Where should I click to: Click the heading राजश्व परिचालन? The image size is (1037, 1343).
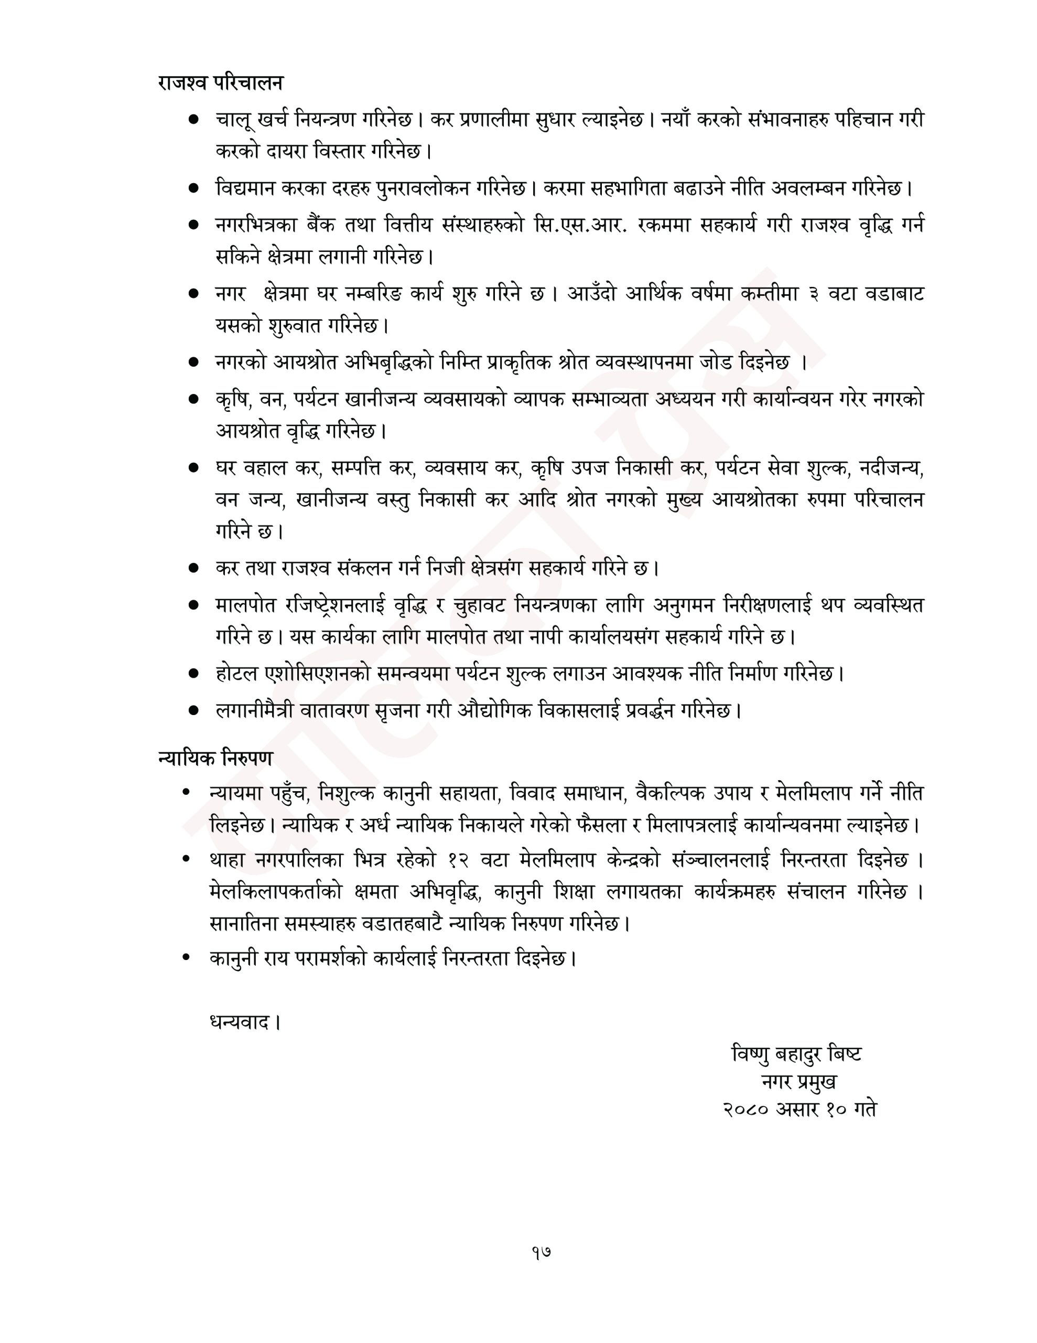[x=220, y=83]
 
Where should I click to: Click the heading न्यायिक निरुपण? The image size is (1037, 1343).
[x=214, y=758]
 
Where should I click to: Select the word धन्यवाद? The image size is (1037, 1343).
[x=239, y=1022]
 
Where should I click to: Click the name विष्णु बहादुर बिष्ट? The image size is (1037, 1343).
[x=796, y=1053]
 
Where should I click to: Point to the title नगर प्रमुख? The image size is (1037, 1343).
[x=798, y=1081]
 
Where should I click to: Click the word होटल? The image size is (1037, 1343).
[x=235, y=674]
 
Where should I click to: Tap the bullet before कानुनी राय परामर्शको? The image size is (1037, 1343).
[x=186, y=957]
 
